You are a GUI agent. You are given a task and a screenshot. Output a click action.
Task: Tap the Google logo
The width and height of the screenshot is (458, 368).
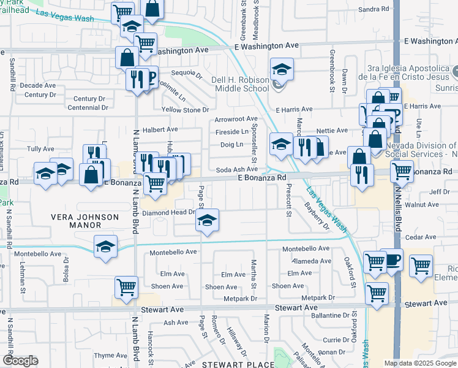point(20,361)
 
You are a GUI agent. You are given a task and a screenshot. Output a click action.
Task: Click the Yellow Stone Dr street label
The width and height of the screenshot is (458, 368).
point(185,110)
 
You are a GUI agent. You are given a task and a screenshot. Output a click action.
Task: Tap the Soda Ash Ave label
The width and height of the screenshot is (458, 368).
point(236,169)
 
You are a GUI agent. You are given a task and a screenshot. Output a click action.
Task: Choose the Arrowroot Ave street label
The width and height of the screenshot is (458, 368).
point(236,118)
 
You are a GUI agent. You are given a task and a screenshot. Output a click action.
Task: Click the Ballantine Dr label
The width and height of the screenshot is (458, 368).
point(330,315)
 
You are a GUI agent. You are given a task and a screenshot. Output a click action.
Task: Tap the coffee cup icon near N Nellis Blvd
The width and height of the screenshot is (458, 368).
point(391,259)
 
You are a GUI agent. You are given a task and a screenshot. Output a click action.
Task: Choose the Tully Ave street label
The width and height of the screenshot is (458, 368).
point(41,148)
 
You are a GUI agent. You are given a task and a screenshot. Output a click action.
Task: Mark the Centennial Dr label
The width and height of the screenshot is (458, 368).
point(88,107)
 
